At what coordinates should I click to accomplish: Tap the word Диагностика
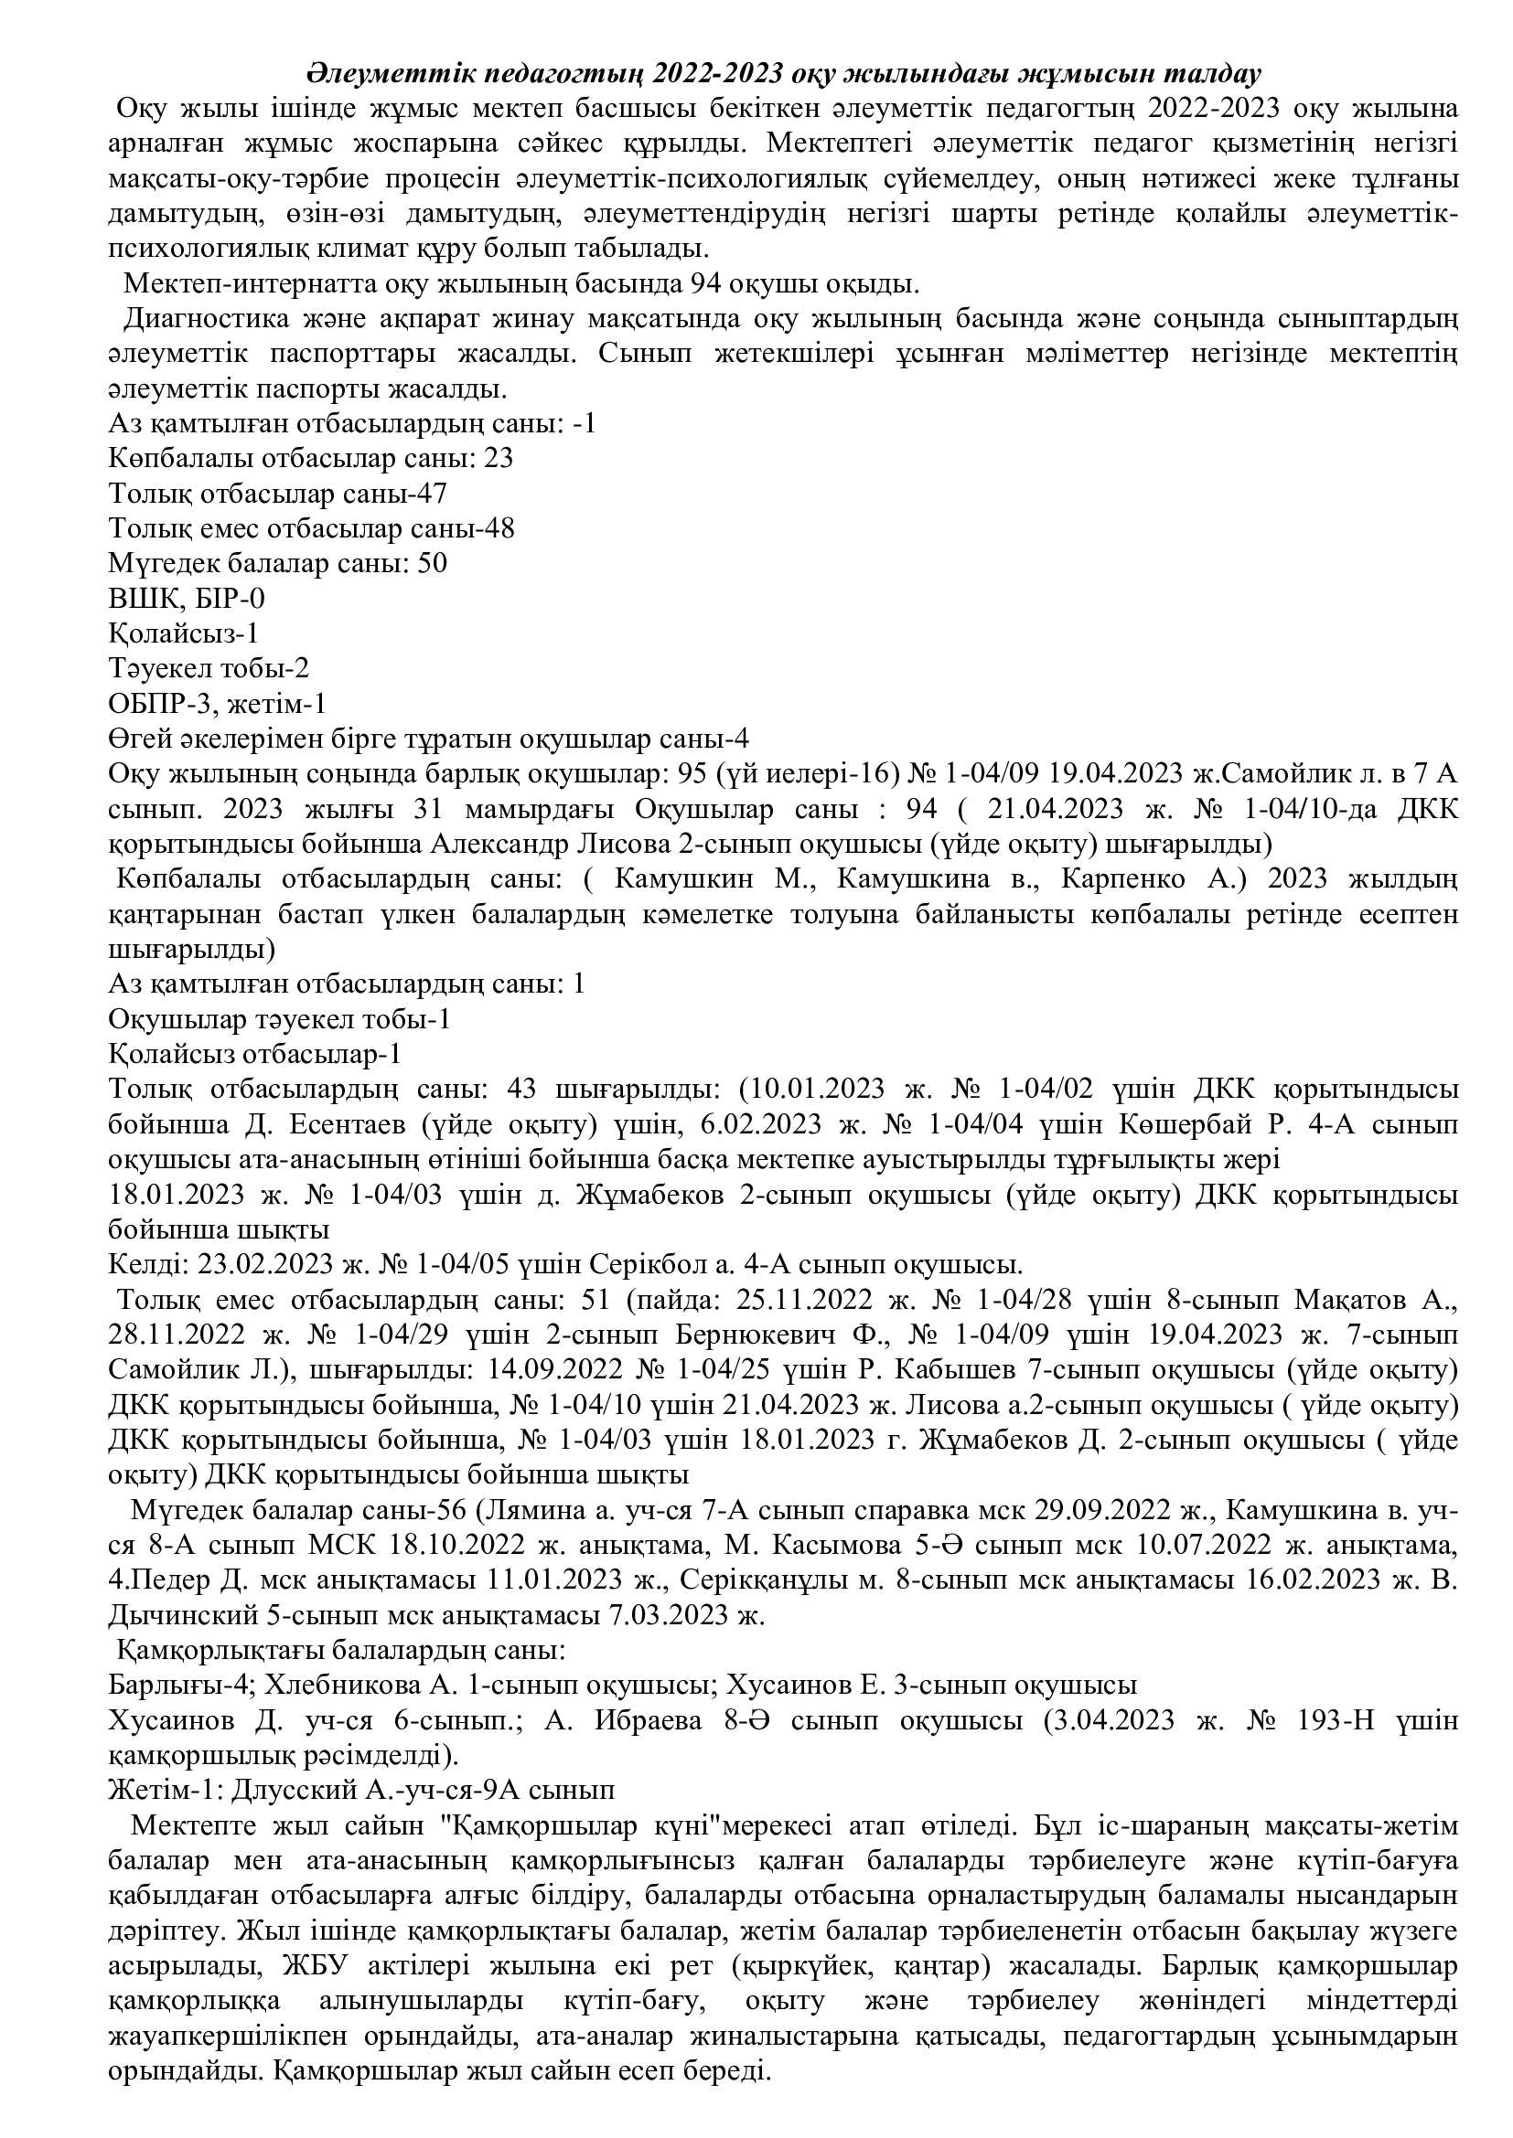pos(201,318)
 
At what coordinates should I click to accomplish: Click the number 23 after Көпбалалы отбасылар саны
pos(499,458)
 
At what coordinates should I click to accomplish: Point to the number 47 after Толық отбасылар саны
pos(433,494)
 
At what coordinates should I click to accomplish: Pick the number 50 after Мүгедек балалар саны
pos(433,563)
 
